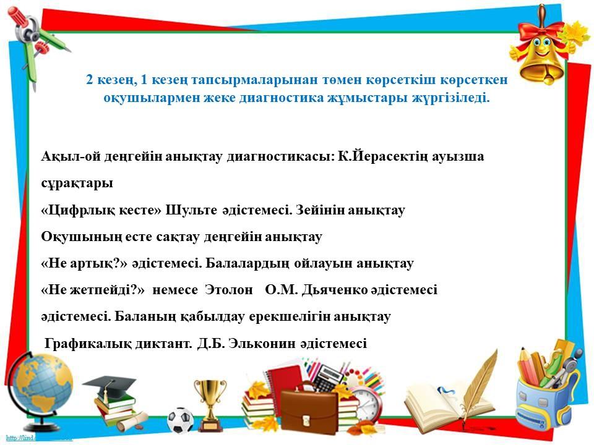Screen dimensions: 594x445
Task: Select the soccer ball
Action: click(x=180, y=420)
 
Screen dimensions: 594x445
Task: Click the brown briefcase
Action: click(x=309, y=410)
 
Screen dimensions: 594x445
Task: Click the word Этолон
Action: click(x=229, y=290)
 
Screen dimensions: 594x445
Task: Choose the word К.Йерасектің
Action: click(x=382, y=156)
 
